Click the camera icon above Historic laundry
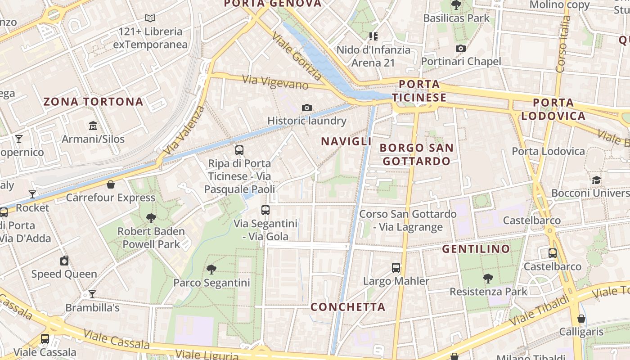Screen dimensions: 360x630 click(307, 108)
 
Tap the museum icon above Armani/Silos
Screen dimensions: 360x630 click(93, 126)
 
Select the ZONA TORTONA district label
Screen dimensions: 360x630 click(93, 102)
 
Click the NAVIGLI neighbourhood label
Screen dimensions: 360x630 click(346, 141)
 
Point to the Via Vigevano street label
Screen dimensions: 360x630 click(275, 82)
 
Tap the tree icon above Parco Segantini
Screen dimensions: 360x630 click(211, 270)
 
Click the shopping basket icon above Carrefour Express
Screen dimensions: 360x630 click(111, 184)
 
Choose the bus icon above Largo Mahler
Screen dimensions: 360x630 click(396, 268)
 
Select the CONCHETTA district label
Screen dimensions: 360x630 click(348, 307)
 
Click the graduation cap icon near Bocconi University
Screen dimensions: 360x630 click(596, 180)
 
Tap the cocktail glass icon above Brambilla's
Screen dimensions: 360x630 click(92, 294)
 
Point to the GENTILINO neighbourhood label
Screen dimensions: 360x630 click(476, 249)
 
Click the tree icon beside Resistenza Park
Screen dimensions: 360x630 click(488, 279)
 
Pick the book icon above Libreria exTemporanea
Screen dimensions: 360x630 click(150, 18)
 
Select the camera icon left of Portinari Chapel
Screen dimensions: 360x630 click(460, 48)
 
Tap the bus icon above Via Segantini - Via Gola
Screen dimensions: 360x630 click(265, 210)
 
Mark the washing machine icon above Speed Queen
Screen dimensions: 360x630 click(64, 261)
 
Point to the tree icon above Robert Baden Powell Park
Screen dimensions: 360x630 click(151, 218)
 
